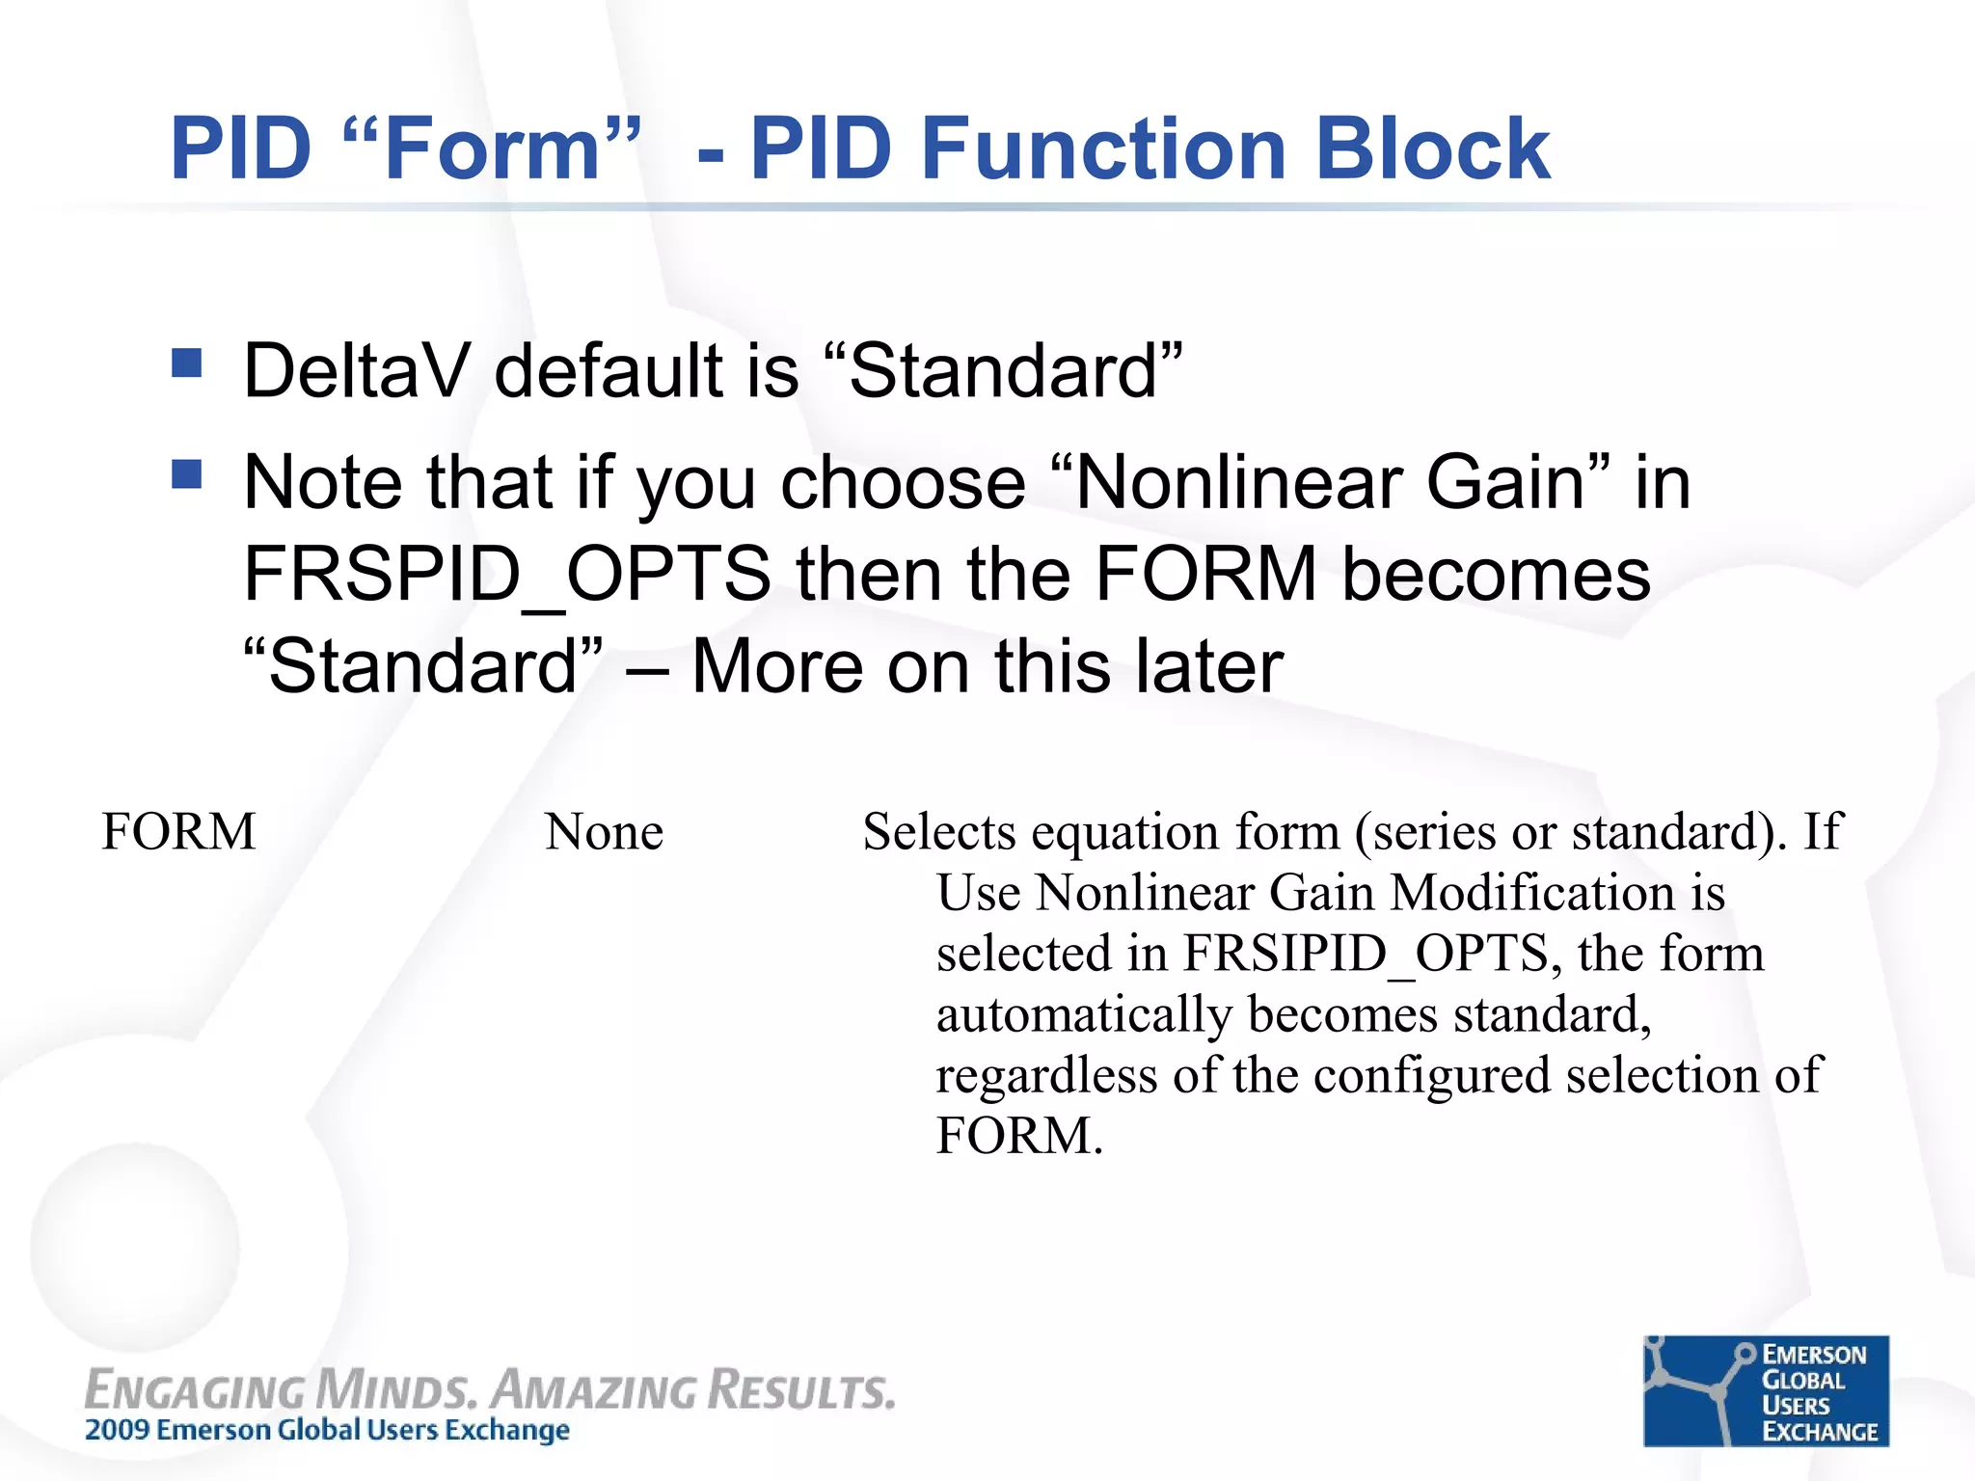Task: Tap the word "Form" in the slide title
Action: (x=493, y=148)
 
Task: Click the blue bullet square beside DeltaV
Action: (x=186, y=364)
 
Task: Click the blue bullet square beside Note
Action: (x=186, y=473)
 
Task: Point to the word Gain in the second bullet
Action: (x=1505, y=482)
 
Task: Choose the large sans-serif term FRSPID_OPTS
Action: (x=507, y=574)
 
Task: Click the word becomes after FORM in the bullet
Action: (x=1496, y=574)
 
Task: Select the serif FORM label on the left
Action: (x=179, y=831)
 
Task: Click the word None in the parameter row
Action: (x=604, y=831)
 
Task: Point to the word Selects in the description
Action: (x=938, y=831)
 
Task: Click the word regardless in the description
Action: (x=1046, y=1075)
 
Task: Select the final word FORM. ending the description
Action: (x=1018, y=1135)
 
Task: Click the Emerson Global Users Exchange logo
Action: (x=1766, y=1390)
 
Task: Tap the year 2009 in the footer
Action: (x=117, y=1430)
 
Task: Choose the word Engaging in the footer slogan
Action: (x=194, y=1391)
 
